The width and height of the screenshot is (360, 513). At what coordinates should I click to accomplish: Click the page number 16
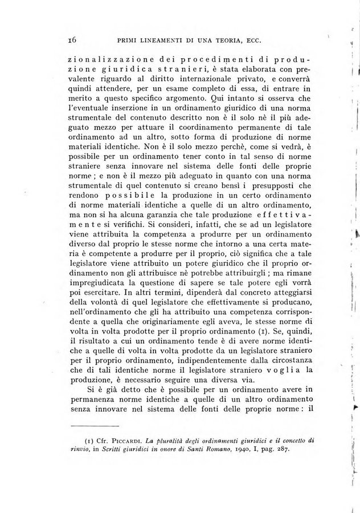click(72, 39)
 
